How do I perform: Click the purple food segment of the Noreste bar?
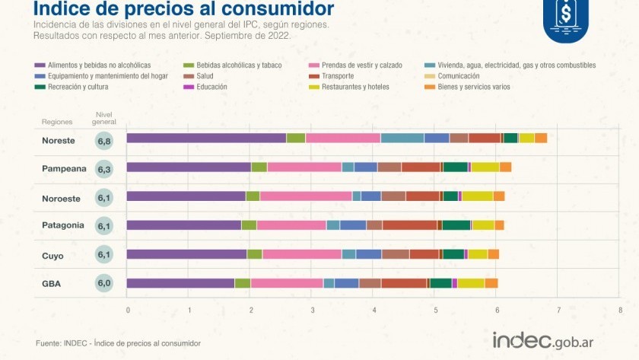coord(205,138)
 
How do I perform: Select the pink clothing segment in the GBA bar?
coord(287,283)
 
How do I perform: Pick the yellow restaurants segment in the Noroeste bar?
coord(477,196)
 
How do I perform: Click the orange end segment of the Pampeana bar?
coord(505,167)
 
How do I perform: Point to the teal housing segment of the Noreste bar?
coord(402,138)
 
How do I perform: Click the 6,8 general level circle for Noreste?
coord(104,141)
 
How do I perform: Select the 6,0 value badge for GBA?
coord(104,284)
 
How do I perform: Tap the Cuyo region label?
coord(52,256)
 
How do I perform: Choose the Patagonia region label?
coord(62,226)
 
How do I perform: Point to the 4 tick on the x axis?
coord(374,311)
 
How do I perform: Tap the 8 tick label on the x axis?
coord(621,311)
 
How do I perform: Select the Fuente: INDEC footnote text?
coord(118,344)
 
